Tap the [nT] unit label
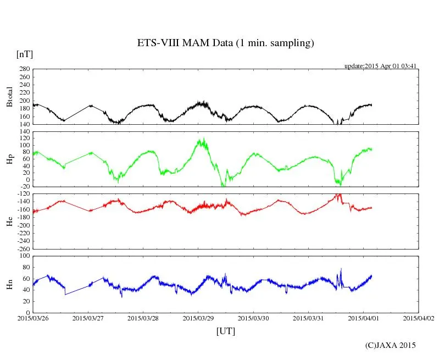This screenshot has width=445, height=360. [x=25, y=54]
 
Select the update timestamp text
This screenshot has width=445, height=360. [x=381, y=66]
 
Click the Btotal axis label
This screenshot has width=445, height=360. [x=9, y=97]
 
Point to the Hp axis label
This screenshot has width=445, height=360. [x=9, y=159]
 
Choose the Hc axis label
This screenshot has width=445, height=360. [x=9, y=221]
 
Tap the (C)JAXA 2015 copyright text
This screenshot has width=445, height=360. [x=391, y=345]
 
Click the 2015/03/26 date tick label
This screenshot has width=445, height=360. [x=33, y=318]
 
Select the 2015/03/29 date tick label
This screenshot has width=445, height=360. [x=198, y=318]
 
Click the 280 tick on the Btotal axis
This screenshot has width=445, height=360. [x=24, y=69]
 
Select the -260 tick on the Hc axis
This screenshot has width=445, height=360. [x=23, y=249]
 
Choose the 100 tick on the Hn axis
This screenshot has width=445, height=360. [x=24, y=256]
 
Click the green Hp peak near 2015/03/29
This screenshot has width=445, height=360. [x=204, y=139]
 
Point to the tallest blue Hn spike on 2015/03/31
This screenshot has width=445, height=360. [x=341, y=269]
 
